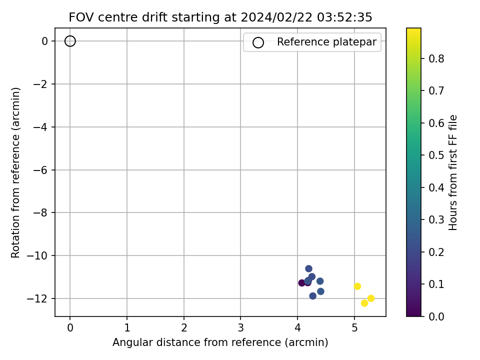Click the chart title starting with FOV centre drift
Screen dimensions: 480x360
(x=220, y=17)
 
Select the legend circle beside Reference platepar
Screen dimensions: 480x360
(x=258, y=37)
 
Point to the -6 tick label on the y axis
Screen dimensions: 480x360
(x=40, y=170)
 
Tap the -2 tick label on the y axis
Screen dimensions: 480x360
(x=40, y=84)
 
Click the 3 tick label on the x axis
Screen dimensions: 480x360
(x=240, y=328)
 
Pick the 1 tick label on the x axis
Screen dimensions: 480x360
(x=127, y=328)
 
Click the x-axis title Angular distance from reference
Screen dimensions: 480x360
(x=220, y=342)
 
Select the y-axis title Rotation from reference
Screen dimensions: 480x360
(x=15, y=172)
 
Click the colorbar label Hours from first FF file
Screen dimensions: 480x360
(x=453, y=172)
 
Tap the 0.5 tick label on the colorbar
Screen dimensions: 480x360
(x=436, y=155)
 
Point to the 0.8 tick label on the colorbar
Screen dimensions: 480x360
(x=436, y=58)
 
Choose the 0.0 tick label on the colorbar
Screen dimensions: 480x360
(x=436, y=316)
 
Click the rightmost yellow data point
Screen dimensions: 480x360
(x=370, y=298)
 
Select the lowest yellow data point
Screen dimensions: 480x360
(x=364, y=303)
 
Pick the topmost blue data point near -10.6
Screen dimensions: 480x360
(x=308, y=268)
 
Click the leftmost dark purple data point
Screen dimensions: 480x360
(x=302, y=283)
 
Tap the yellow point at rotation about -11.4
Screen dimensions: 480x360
(x=357, y=286)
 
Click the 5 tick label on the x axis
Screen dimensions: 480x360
(x=354, y=328)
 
